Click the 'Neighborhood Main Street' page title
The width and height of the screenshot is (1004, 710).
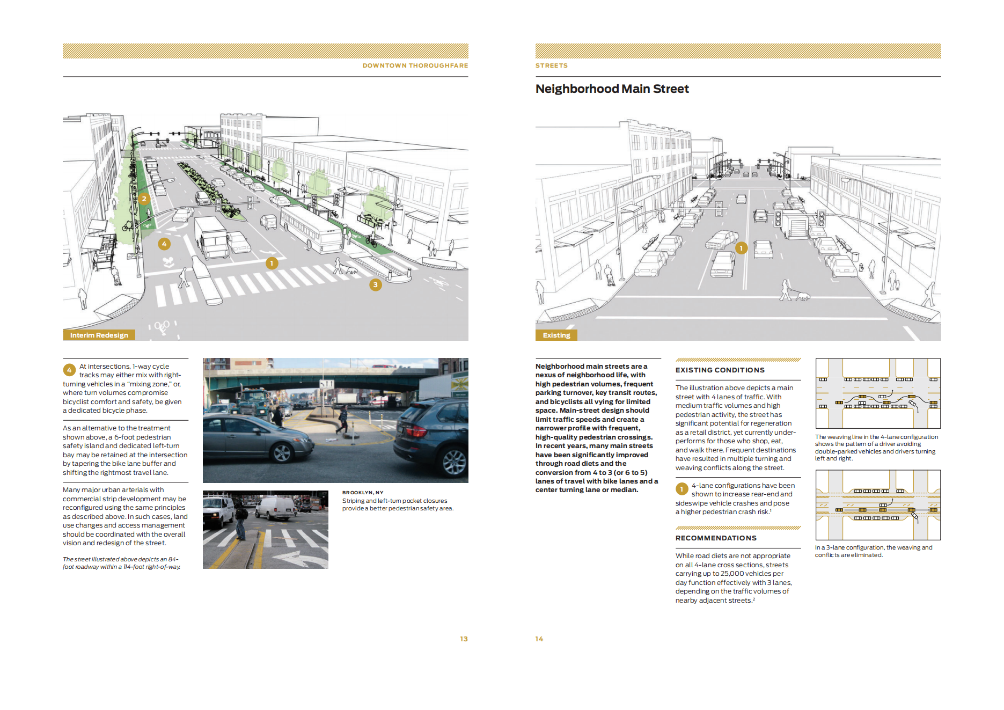pos(612,89)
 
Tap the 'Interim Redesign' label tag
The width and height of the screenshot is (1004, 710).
pos(99,335)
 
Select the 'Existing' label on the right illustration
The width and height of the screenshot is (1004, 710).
pos(556,335)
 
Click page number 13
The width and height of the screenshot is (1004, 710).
pos(464,639)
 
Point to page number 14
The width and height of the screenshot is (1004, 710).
pos(539,639)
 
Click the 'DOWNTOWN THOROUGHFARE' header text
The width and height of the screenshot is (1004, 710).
pos(415,65)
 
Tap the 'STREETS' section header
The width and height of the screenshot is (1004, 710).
pos(551,65)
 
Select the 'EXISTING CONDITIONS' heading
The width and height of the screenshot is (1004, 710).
pos(720,370)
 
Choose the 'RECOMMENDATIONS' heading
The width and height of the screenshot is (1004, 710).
pos(716,538)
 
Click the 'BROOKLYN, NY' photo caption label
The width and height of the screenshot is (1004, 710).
pos(363,493)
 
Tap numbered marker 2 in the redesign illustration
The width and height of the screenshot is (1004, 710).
pos(144,199)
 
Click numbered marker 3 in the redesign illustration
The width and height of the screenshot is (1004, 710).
pos(376,285)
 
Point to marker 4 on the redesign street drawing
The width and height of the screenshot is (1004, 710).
pos(164,244)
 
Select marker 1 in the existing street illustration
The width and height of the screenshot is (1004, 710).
pos(741,248)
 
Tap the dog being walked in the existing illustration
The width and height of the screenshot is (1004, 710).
pos(802,296)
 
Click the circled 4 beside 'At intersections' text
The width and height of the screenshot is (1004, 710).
pos(69,370)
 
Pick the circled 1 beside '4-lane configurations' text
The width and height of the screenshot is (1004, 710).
pos(681,489)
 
